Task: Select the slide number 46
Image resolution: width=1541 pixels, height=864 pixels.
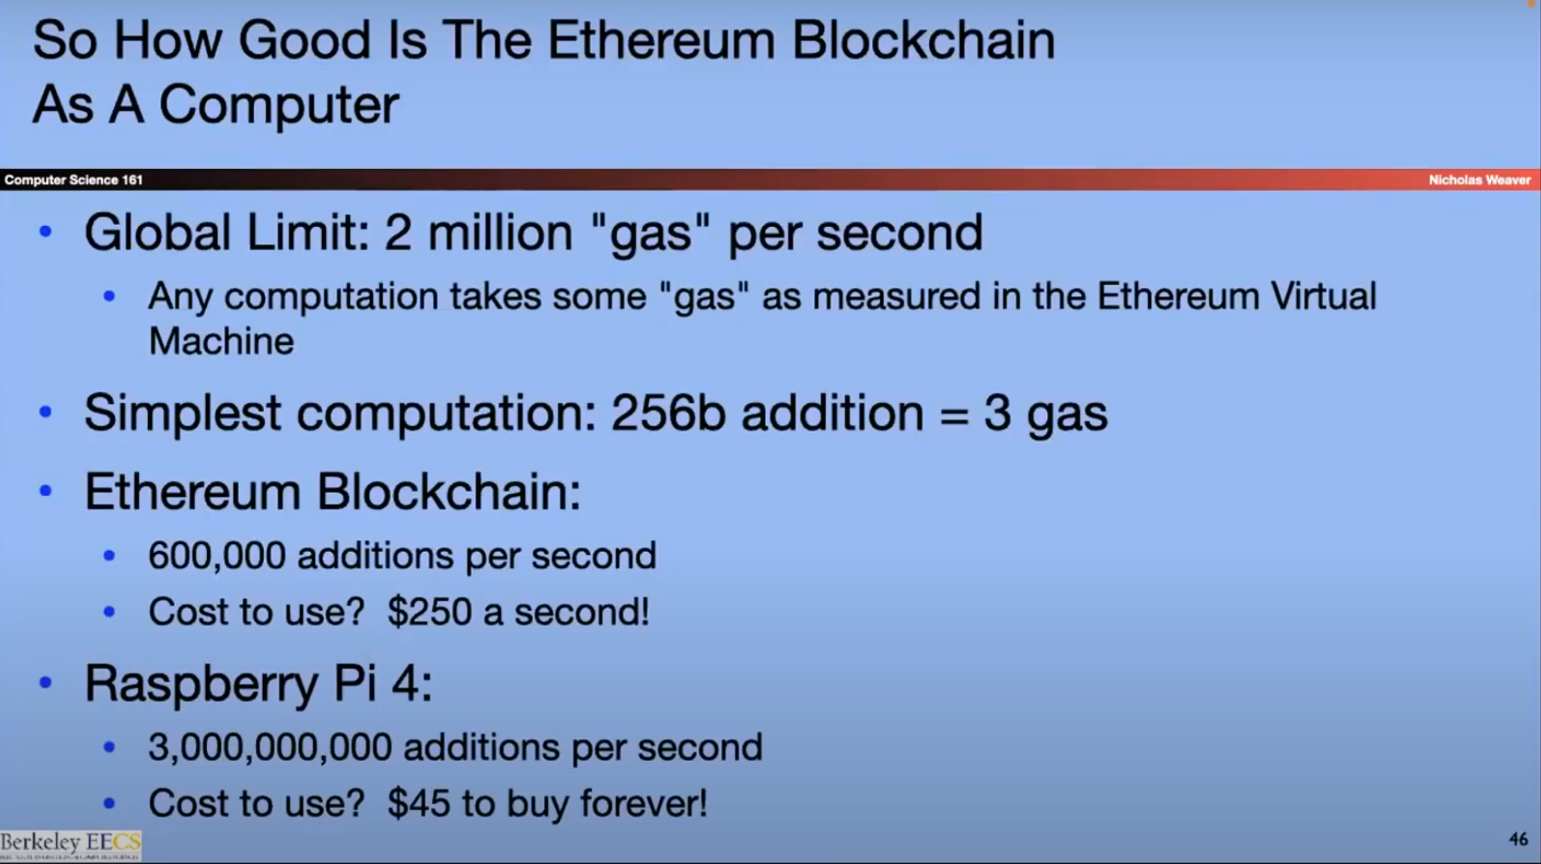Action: [1518, 839]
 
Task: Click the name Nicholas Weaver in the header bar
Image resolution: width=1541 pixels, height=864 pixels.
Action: [1479, 179]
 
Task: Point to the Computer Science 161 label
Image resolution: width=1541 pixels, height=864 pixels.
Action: [73, 179]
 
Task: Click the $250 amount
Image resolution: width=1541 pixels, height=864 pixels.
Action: [429, 611]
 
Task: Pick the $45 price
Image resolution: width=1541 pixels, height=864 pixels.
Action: [419, 803]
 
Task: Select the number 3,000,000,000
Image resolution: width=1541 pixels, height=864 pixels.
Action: [271, 748]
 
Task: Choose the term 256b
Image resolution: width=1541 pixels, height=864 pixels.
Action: [668, 412]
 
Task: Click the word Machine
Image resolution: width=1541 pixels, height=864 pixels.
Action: [221, 341]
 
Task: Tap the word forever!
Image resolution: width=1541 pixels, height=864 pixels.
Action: [644, 803]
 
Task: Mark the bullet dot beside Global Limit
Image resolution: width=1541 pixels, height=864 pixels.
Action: [45, 232]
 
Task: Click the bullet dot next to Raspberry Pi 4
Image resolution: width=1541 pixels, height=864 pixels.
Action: [45, 682]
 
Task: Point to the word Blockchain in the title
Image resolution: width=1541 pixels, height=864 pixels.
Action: [923, 40]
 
